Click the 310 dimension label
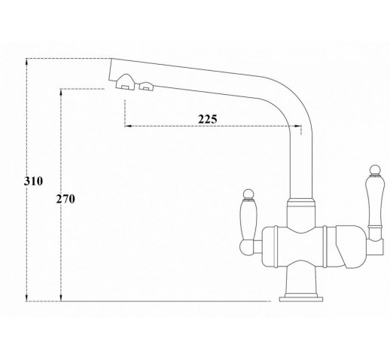33,181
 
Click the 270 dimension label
66,199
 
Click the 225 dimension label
208,119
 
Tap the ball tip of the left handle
248,194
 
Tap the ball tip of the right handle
374,170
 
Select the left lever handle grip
248,219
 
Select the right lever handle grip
374,200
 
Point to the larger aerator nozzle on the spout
126,82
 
